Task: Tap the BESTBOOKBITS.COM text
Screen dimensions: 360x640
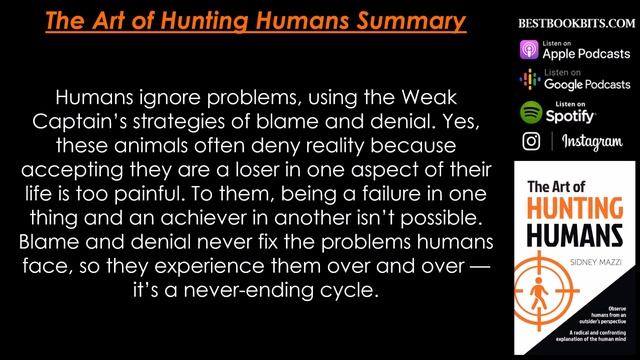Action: coord(570,21)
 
